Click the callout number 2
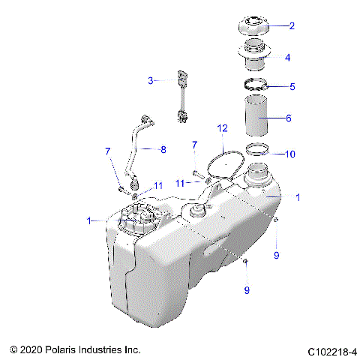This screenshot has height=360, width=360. pos(292,25)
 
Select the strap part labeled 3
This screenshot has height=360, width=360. pos(181,95)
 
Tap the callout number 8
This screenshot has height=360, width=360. pos(163,149)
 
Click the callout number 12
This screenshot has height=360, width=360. pos(222,128)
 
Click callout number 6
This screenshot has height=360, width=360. pos(289,118)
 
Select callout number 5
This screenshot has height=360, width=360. pos(292,86)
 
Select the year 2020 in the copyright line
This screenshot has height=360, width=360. pos(33,349)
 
